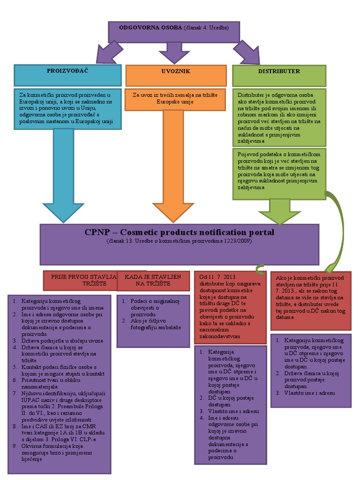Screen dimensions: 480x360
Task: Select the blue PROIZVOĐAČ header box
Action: pyautogui.click(x=67, y=75)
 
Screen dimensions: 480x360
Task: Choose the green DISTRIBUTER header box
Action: pyautogui.click(x=278, y=75)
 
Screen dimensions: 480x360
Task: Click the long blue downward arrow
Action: pyautogui.click(x=63, y=173)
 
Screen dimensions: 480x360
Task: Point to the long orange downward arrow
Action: pyautogui.click(x=166, y=164)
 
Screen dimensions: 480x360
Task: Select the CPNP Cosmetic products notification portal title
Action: pyautogui.click(x=180, y=232)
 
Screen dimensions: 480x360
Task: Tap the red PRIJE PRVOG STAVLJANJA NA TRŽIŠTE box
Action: pyautogui.click(x=79, y=281)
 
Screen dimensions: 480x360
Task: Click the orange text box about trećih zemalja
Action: pyautogui.click(x=175, y=98)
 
